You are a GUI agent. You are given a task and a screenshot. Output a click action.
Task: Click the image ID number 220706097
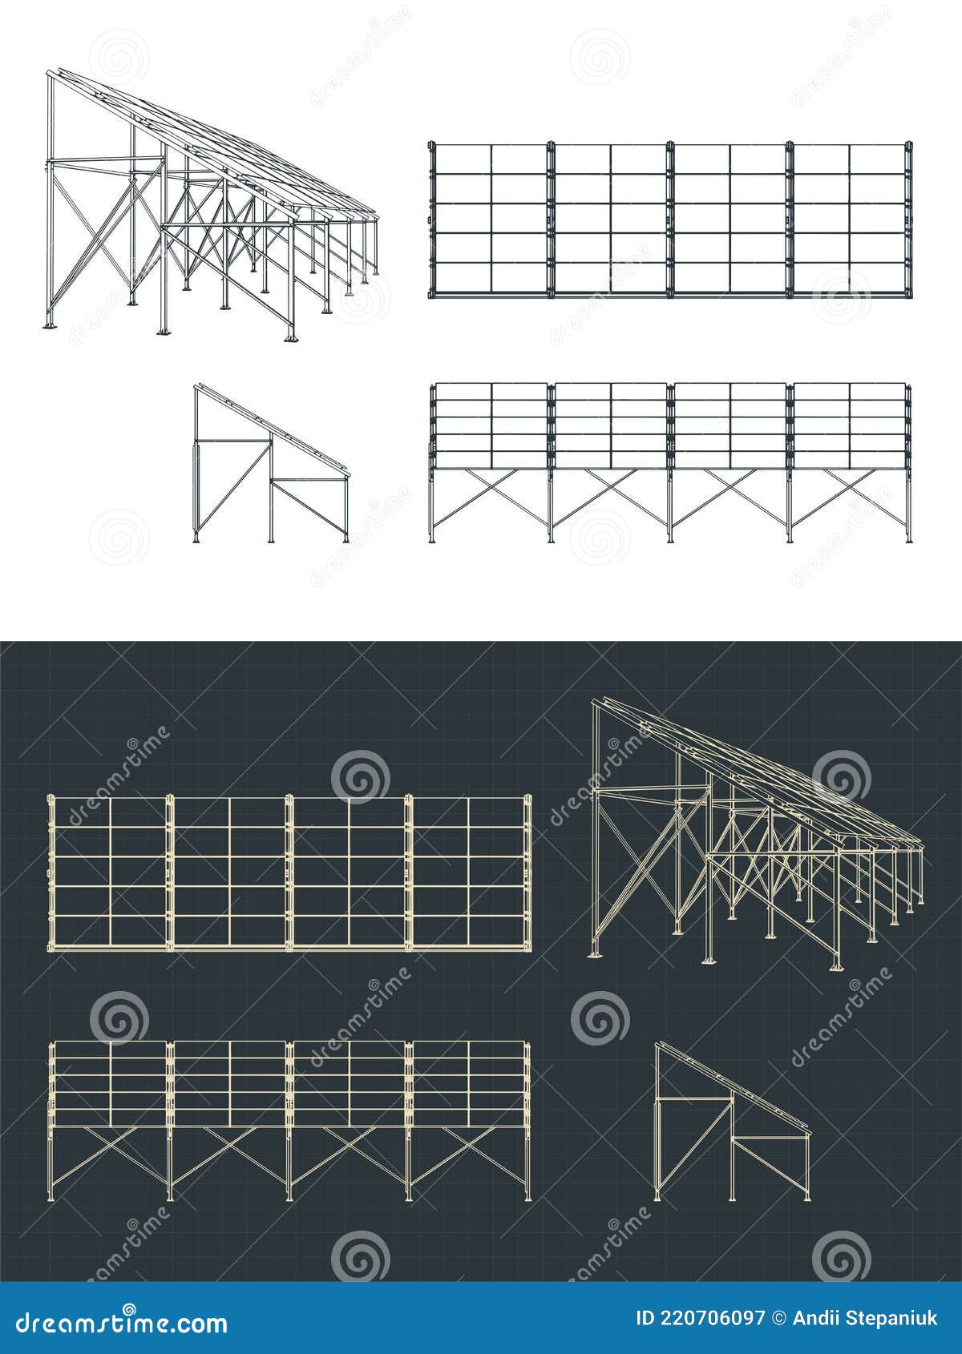pos(701,1318)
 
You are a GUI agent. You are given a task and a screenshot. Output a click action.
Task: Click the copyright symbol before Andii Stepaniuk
pos(778,1318)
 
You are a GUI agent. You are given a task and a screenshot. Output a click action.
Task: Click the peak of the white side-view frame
pos(197,387)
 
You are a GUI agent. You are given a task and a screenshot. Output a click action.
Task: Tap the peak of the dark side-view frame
pos(658,1045)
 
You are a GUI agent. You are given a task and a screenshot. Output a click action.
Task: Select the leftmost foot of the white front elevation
pos(432,540)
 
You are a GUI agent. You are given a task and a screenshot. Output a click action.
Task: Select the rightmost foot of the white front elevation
pos(908,540)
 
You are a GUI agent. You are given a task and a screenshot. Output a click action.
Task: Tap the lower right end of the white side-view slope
pos(347,472)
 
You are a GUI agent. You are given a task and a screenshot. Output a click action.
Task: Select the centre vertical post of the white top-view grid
pos(670,219)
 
